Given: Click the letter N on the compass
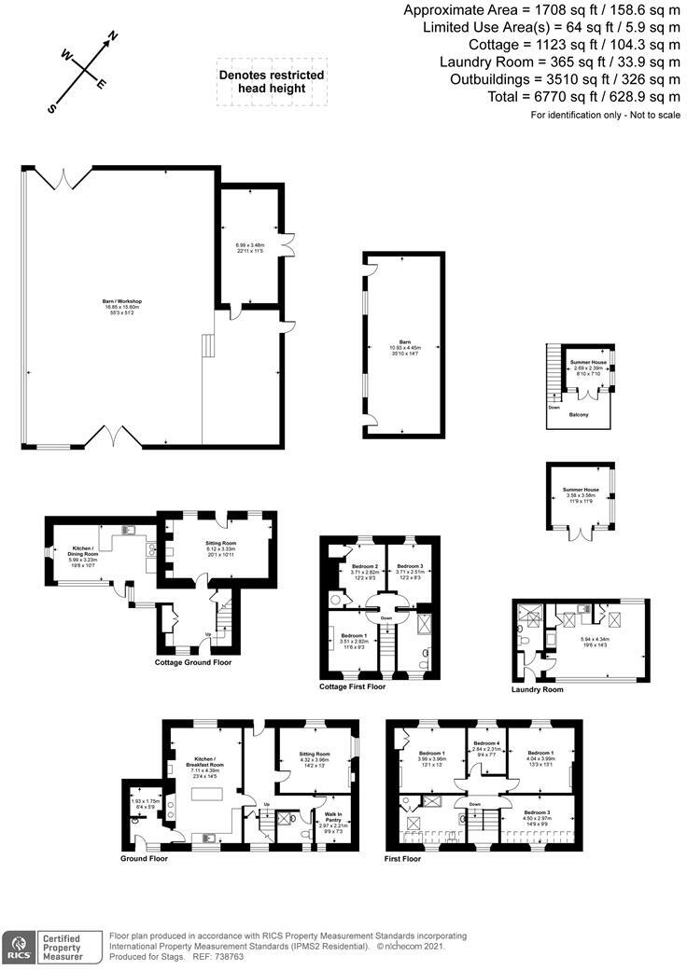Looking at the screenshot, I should tap(114, 37).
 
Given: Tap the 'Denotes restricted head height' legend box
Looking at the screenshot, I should tap(271, 81).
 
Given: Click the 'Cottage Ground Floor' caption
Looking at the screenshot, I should tap(192, 662).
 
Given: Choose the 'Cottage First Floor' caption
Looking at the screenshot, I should tap(352, 686).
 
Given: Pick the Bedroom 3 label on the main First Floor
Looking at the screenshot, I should tap(537, 812).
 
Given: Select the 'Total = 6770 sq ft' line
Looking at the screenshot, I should tap(583, 97).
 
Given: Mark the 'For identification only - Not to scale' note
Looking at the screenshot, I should tap(605, 115).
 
